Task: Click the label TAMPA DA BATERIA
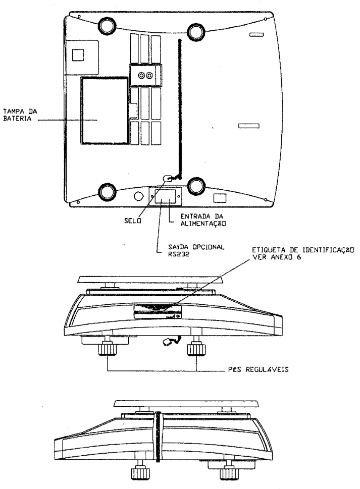point(20,115)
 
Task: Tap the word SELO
point(133,221)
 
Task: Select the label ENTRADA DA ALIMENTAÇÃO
point(203,220)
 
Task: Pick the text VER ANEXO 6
point(276,257)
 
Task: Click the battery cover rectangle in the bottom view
point(105,111)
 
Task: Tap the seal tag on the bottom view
point(167,178)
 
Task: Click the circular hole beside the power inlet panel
point(139,196)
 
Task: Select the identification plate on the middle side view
point(158,311)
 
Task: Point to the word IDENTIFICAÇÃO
point(328,250)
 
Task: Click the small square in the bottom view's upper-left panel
point(78,55)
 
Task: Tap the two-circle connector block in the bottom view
point(146,75)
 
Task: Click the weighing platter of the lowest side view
point(186,404)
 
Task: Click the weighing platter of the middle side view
point(150,280)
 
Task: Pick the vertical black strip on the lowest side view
point(158,437)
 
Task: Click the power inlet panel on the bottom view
point(165,196)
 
